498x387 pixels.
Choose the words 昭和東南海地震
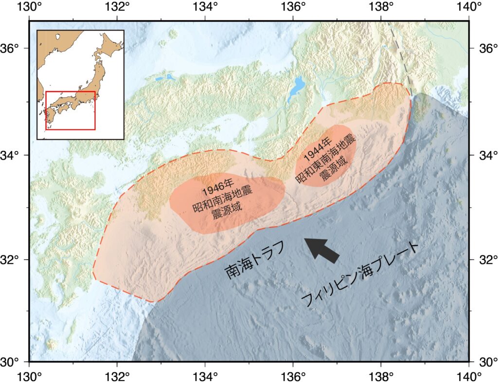click(x=325, y=161)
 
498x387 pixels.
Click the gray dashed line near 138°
click(x=402, y=58)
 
